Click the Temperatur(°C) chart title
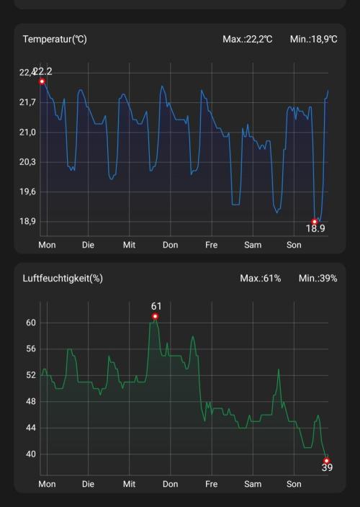tap(55, 40)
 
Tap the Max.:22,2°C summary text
tap(248, 40)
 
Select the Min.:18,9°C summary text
tap(313, 40)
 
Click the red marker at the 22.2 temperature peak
tap(42, 81)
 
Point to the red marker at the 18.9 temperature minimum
tap(315, 222)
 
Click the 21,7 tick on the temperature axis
tap(27, 102)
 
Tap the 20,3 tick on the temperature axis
tap(27, 162)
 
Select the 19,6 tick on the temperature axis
tap(27, 192)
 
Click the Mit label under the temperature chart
tap(130, 245)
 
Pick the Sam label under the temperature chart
tap(253, 245)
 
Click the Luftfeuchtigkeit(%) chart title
tap(63, 279)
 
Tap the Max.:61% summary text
tap(261, 279)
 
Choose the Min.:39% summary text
tap(318, 279)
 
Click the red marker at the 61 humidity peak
tap(155, 316)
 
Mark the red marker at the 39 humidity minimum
tap(326, 461)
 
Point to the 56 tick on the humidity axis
tap(31, 349)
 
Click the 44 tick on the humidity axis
tap(31, 428)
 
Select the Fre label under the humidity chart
tap(212, 484)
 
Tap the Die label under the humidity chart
tap(89, 484)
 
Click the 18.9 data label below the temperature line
tap(315, 229)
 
